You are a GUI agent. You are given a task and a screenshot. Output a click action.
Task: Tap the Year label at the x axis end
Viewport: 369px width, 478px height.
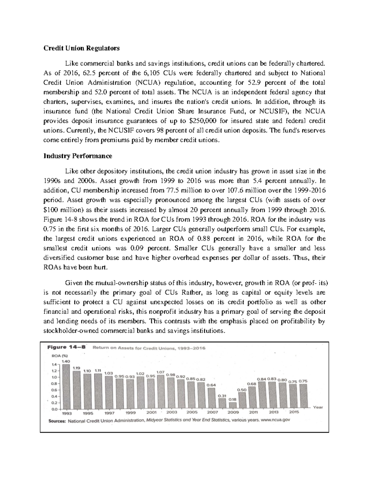pyautogui.click(x=318, y=407)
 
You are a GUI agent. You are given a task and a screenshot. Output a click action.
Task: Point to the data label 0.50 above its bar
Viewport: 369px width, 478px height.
pyautogui.click(x=243, y=390)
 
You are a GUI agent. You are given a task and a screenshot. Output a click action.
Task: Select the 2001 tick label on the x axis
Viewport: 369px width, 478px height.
pyautogui.click(x=151, y=412)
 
